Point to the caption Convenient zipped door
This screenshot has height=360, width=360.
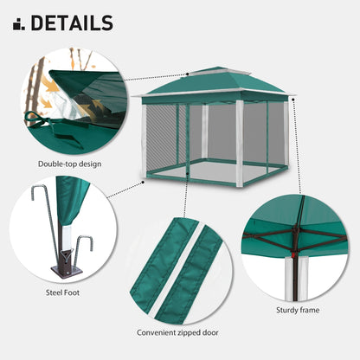[178, 331]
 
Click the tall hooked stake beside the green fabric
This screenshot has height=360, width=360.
[42, 216]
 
